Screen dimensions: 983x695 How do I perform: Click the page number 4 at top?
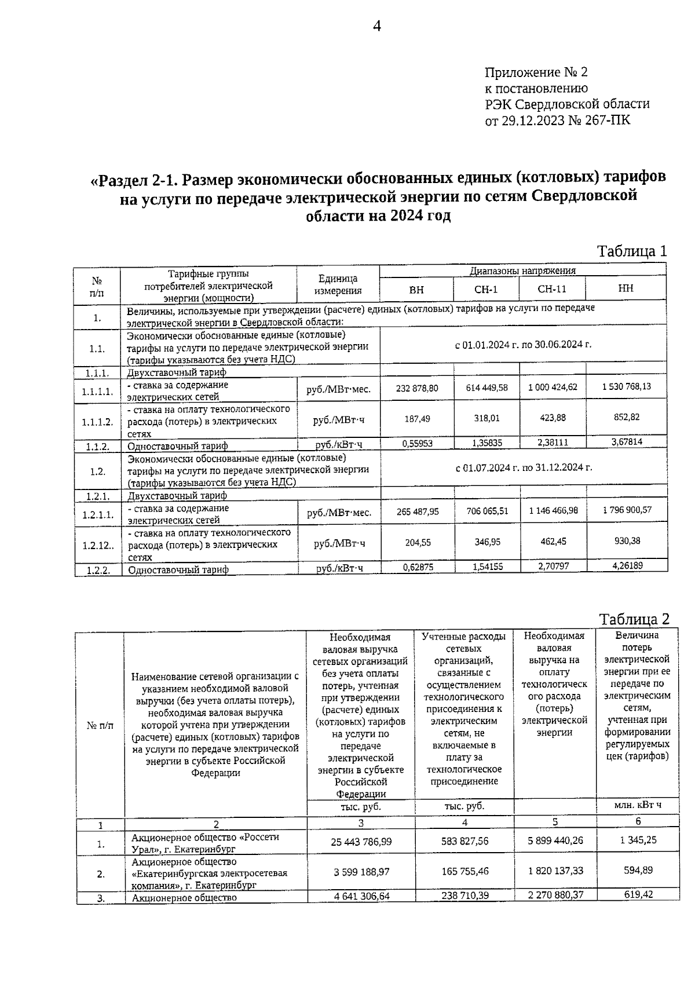point(377,27)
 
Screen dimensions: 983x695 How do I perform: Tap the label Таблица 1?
point(632,251)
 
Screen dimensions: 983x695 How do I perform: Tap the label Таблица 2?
point(634,619)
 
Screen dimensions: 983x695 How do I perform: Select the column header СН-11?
point(551,289)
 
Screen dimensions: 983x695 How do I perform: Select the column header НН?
point(625,288)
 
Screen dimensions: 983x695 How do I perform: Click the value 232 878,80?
point(417,388)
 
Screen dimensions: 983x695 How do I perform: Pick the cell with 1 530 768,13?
point(626,386)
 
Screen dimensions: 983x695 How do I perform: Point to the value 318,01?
point(487,418)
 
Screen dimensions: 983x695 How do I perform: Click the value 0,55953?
point(417,443)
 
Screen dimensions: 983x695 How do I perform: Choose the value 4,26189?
point(627,565)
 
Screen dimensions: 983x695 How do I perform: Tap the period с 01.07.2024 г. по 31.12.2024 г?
point(524,467)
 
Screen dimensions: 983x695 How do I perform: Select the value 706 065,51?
point(487,511)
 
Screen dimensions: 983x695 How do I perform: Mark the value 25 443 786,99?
point(361,841)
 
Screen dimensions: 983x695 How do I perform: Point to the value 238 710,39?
point(464,895)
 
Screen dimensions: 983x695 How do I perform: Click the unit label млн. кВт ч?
point(638,805)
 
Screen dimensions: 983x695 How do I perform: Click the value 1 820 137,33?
point(555,871)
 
